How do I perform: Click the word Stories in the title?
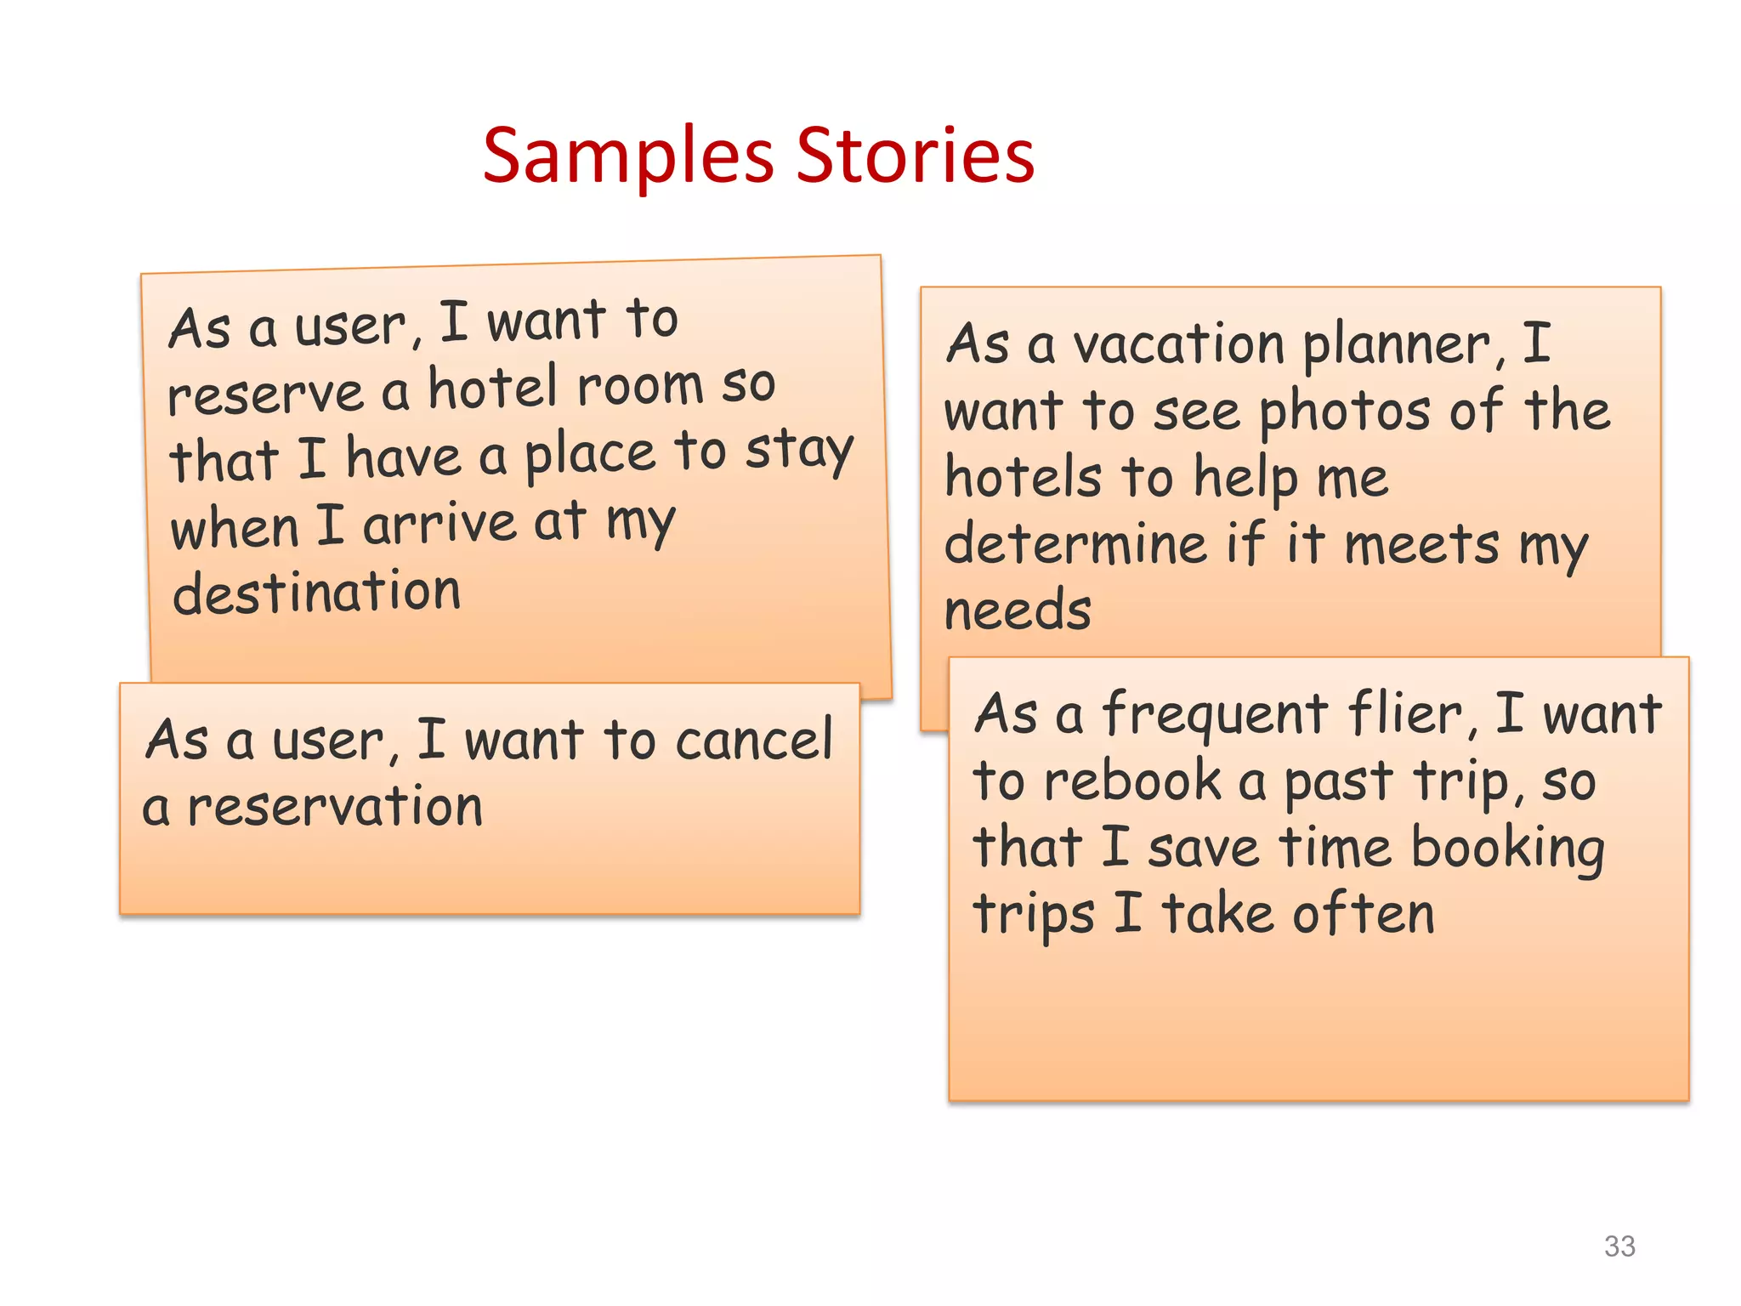916,156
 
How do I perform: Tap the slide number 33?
1619,1246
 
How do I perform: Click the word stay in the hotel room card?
799,451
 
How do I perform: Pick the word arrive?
440,524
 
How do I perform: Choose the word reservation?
335,807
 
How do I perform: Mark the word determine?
1075,544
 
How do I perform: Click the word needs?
1018,610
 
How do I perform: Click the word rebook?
1132,781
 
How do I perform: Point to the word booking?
1507,849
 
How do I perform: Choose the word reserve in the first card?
266,395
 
